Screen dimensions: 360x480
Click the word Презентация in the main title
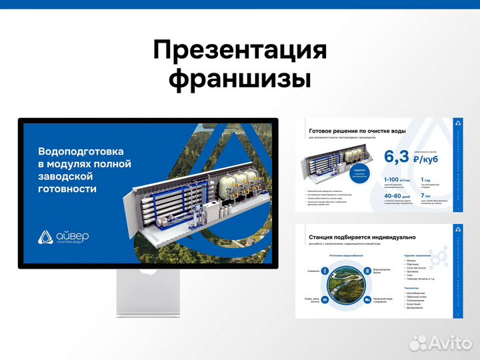(239, 51)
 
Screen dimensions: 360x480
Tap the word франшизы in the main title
(239, 79)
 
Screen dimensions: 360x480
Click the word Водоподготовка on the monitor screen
(81, 151)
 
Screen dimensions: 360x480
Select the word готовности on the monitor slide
(67, 189)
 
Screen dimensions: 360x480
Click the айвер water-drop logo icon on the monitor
(45, 237)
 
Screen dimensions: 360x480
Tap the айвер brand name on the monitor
(73, 235)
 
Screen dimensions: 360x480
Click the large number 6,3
(397, 157)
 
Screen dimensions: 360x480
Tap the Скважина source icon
(325, 271)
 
